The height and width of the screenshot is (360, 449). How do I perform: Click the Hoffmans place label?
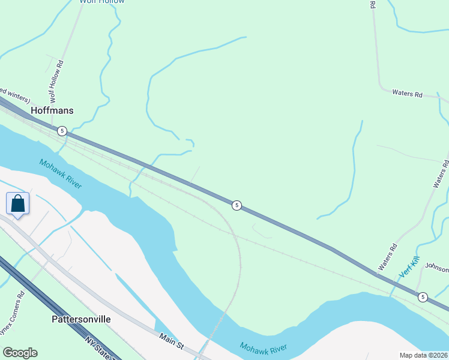pyautogui.click(x=52, y=110)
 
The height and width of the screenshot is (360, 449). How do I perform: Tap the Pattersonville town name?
pyautogui.click(x=81, y=319)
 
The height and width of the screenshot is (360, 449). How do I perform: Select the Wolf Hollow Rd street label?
pyautogui.click(x=55, y=81)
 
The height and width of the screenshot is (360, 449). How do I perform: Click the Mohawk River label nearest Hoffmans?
pyautogui.click(x=61, y=173)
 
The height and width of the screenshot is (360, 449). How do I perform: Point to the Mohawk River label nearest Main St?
pyautogui.click(x=263, y=347)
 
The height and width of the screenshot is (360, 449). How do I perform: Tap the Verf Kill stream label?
pyautogui.click(x=408, y=268)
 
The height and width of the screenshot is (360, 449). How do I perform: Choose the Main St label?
pyautogui.click(x=171, y=339)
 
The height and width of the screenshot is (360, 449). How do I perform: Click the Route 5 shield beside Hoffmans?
pyautogui.click(x=62, y=130)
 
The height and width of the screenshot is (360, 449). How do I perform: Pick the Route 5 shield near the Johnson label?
pyautogui.click(x=423, y=296)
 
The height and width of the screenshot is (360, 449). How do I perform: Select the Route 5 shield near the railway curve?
pyautogui.click(x=237, y=205)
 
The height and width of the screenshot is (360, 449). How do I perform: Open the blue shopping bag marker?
pyautogui.click(x=18, y=203)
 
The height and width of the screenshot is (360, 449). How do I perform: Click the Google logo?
pyautogui.click(x=20, y=353)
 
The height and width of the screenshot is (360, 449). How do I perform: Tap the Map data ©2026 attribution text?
pyautogui.click(x=424, y=355)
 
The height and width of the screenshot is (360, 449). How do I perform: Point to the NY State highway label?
pyautogui.click(x=99, y=349)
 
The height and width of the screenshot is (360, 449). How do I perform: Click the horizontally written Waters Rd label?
pyautogui.click(x=408, y=94)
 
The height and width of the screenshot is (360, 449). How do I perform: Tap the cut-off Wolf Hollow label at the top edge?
pyautogui.click(x=102, y=2)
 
